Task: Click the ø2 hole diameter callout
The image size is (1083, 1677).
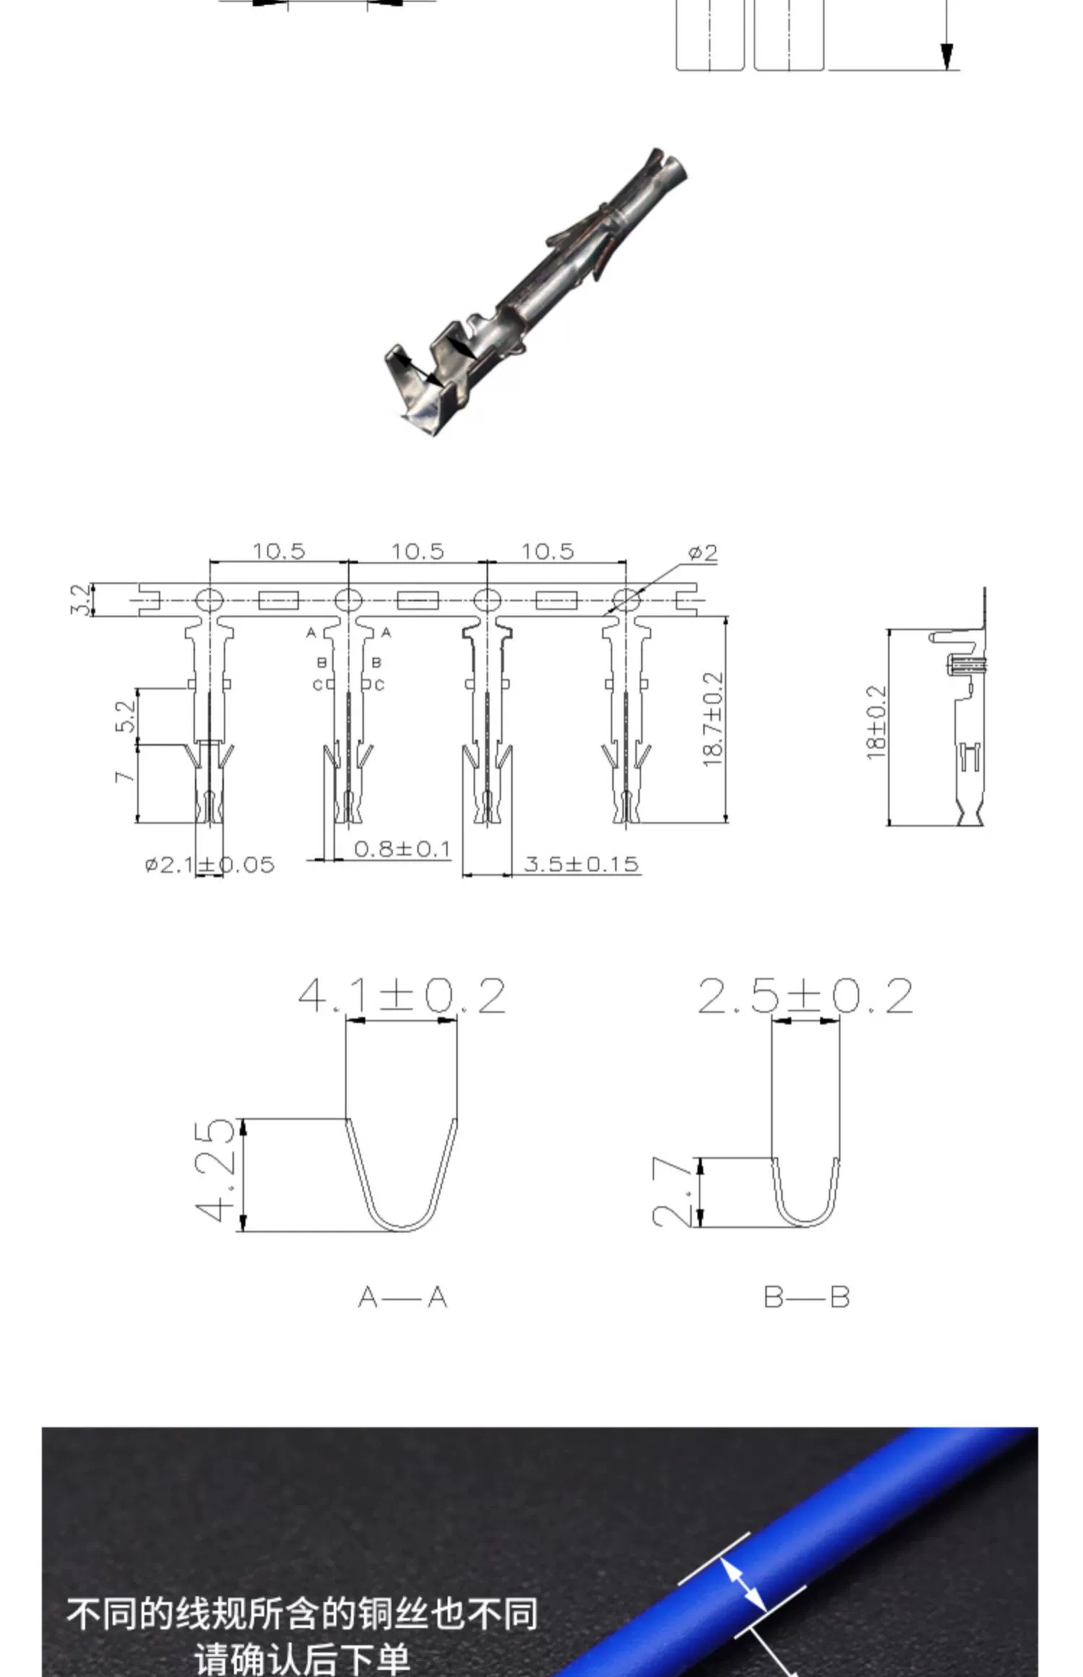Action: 703,553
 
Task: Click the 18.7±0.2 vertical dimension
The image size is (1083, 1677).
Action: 713,719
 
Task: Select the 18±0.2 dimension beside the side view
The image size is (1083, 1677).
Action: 876,722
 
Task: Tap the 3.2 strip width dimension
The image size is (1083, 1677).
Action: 82,599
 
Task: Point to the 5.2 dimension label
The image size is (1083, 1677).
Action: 126,716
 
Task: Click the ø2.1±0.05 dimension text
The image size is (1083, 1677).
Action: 210,864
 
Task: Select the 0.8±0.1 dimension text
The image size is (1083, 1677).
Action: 402,849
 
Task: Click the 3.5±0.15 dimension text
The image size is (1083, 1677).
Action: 581,864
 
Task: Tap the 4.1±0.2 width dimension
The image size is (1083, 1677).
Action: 401,996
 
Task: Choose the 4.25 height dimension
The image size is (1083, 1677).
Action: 215,1171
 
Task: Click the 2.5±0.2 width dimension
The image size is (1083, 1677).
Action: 805,996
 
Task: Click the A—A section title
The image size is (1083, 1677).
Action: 402,1298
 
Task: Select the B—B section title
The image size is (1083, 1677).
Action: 806,1297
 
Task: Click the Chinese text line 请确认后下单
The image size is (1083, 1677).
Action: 302,1659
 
